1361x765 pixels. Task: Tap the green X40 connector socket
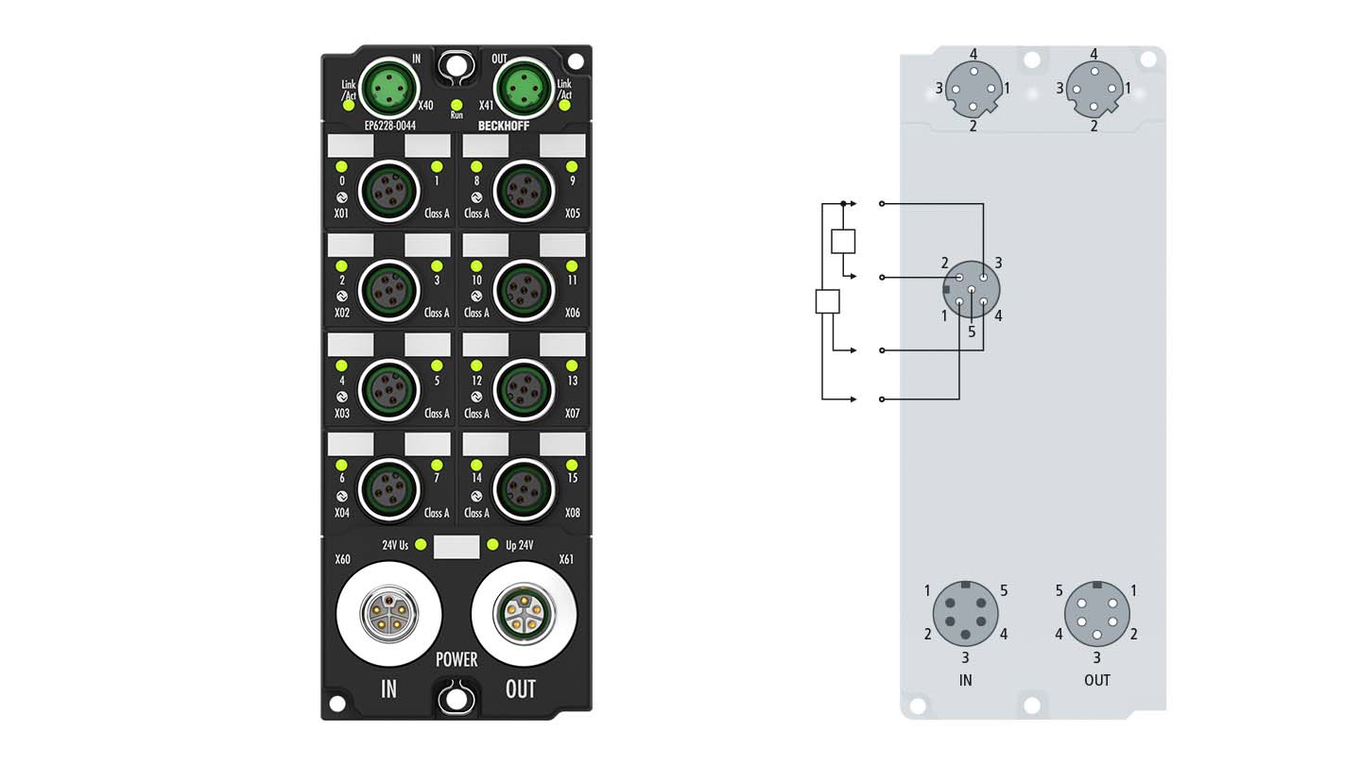[388, 88]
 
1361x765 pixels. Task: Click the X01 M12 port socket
[388, 189]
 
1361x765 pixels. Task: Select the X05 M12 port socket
[523, 189]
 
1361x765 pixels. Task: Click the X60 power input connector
[388, 615]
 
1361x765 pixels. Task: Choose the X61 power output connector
[523, 615]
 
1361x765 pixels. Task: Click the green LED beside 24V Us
[420, 545]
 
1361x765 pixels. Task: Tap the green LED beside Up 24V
[491, 545]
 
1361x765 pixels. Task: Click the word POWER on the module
[457, 659]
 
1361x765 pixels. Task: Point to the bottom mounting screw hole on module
[457, 699]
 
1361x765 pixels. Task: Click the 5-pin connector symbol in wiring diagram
[972, 291]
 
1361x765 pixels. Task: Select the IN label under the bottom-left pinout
[965, 680]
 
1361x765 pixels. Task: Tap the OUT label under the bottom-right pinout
[1097, 680]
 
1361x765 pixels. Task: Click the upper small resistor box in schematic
[843, 241]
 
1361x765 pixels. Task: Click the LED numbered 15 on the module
[571, 464]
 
